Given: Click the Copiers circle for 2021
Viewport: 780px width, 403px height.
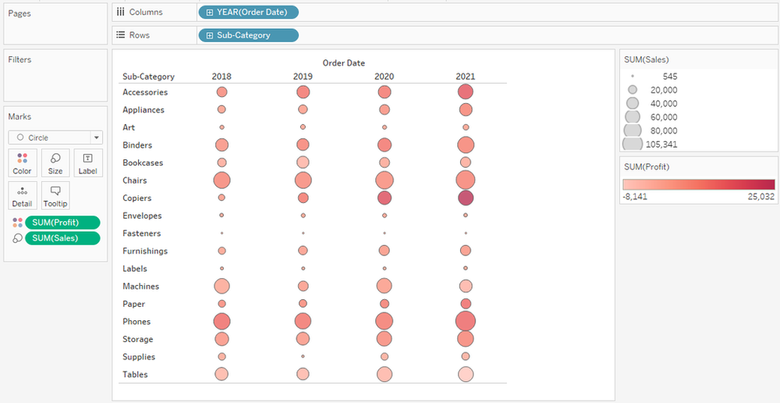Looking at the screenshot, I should (466, 198).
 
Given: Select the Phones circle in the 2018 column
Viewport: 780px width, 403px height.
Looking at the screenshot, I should (222, 321).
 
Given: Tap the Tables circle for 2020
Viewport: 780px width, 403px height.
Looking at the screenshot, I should (384, 374).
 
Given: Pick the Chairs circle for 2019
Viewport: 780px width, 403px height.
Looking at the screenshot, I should (303, 180).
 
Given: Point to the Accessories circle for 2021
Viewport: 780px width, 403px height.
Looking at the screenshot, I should (466, 92).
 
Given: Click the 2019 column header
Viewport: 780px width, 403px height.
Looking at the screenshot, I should (303, 77).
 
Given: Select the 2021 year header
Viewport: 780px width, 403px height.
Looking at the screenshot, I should (466, 77).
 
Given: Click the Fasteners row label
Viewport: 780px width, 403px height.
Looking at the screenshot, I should (142, 234).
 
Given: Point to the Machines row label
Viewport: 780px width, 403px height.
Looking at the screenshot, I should (141, 287).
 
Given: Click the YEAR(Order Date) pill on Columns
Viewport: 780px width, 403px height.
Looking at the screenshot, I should (248, 12).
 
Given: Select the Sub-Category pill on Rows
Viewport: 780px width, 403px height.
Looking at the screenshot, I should (248, 35).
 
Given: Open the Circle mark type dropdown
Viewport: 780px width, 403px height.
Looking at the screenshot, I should (55, 137).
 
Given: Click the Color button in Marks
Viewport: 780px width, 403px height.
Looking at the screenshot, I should (23, 163).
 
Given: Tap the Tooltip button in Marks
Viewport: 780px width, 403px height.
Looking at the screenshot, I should (55, 196).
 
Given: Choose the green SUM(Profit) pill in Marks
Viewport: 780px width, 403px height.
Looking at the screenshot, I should (62, 223).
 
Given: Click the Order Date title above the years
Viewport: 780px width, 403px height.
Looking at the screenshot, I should (343, 63).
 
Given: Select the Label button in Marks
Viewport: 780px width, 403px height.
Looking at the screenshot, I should (87, 163).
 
